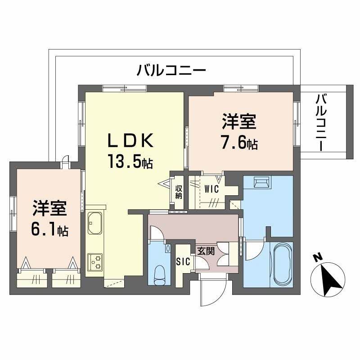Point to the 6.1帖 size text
click(49, 230)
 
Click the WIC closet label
click(211, 189)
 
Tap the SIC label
click(183, 261)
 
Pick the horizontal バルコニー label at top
click(171, 71)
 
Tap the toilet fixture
click(160, 273)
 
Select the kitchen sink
click(95, 222)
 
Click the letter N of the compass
click(317, 258)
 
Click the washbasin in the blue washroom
click(261, 183)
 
